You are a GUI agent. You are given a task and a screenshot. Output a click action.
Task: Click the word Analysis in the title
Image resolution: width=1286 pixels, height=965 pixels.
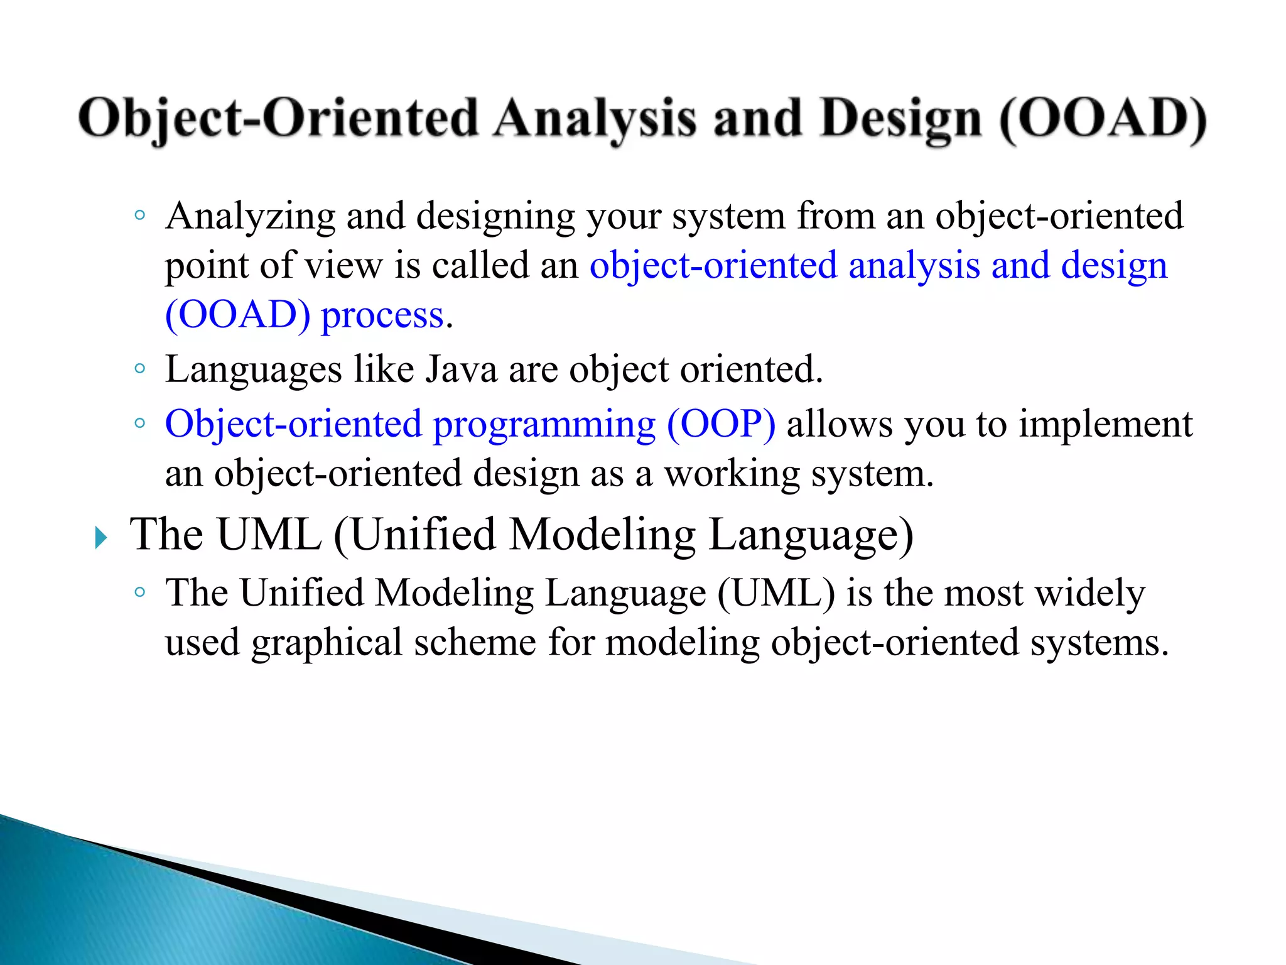tap(594, 119)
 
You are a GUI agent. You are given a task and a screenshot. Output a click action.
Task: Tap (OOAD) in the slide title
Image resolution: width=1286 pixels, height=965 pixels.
tap(1102, 119)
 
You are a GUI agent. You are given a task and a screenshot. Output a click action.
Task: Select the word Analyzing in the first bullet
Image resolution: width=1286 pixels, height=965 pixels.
tap(250, 217)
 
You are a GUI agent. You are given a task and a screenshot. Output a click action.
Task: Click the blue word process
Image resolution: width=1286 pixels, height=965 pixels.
tap(382, 315)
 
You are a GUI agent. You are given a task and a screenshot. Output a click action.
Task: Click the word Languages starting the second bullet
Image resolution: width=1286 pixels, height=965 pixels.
tap(253, 370)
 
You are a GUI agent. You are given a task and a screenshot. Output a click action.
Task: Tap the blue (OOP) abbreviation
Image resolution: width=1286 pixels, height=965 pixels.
tap(721, 424)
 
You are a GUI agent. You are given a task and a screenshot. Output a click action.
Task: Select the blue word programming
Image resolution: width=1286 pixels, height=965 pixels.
tap(544, 425)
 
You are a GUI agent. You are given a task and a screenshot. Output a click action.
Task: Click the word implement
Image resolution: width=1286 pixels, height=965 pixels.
tap(1105, 425)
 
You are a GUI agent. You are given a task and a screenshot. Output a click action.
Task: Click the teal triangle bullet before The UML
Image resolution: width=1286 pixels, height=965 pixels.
tap(100, 538)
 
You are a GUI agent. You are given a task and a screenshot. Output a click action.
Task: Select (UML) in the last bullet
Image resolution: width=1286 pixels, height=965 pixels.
tap(775, 593)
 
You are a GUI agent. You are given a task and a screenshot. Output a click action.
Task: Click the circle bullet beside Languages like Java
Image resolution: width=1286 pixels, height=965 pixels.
tap(140, 369)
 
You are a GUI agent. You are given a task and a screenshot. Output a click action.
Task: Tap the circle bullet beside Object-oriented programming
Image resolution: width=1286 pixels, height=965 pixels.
tap(140, 423)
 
